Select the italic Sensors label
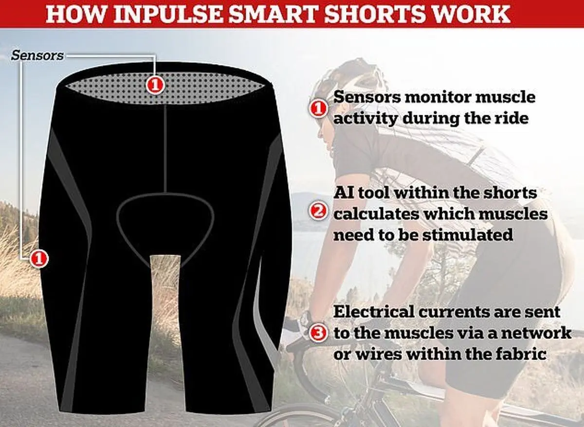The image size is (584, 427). click(x=37, y=55)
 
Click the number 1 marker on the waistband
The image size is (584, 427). click(x=155, y=85)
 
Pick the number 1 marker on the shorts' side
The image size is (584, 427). click(x=39, y=258)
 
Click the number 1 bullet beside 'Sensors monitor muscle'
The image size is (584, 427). click(x=317, y=108)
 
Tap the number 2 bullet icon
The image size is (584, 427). click(x=317, y=212)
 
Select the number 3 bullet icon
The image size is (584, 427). click(x=317, y=334)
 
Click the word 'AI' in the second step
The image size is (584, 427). click(x=344, y=193)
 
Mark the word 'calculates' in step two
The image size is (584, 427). click(x=375, y=214)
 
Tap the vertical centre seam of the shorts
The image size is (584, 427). click(x=165, y=148)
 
